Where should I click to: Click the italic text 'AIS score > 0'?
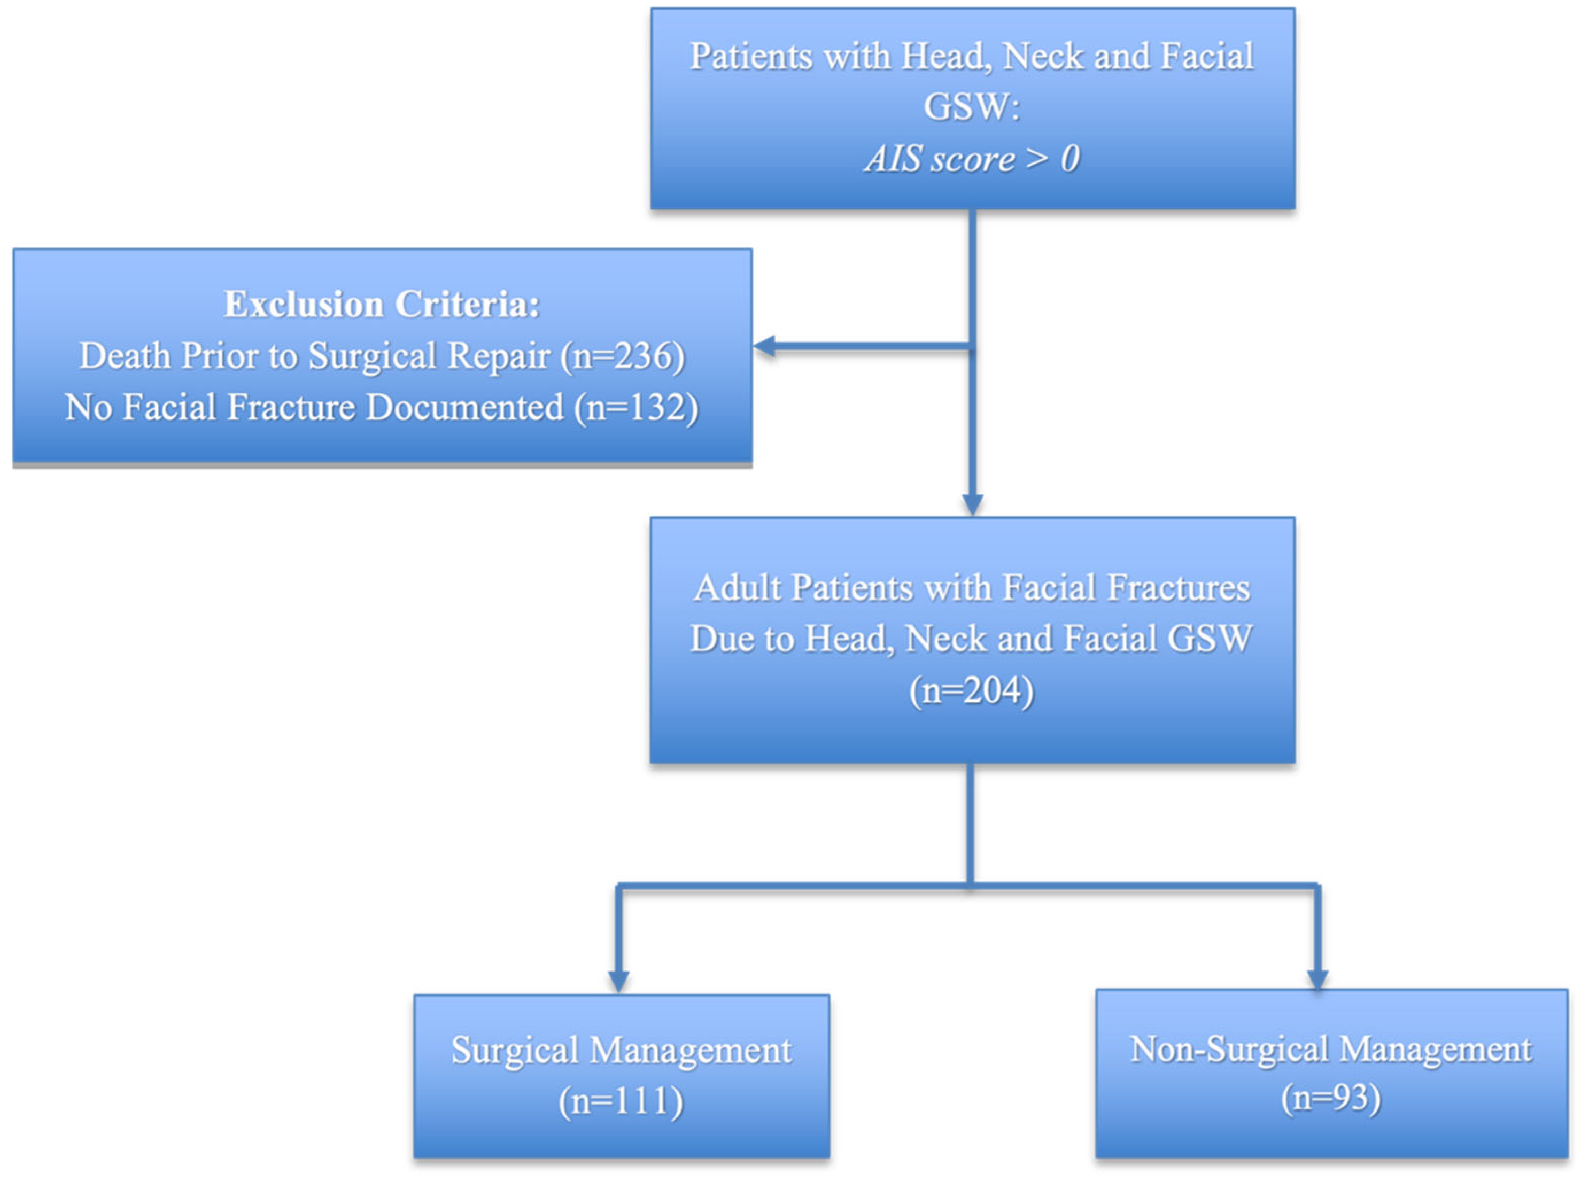pos(972,159)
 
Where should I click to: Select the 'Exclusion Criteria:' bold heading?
pos(382,304)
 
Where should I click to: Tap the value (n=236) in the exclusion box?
pos(623,355)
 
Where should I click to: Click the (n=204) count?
pos(972,690)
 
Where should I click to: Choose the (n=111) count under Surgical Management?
pos(621,1101)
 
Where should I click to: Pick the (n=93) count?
pos(1330,1097)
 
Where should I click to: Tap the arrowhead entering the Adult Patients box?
pos(972,504)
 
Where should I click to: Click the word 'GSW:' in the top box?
pos(972,107)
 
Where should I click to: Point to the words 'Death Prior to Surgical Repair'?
pos(314,355)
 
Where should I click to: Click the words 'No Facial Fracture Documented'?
pos(314,408)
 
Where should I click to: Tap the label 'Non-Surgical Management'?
pos(1330,1050)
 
